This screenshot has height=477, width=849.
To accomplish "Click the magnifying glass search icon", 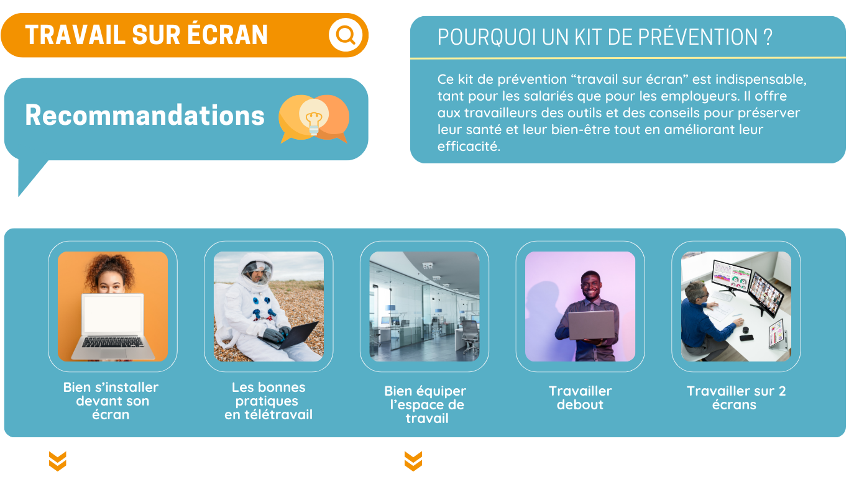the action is pos(346,35).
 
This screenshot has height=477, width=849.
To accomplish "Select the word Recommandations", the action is pos(144,115).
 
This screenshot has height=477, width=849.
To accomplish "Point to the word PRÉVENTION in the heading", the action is pos(698,37).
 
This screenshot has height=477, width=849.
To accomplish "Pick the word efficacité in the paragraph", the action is pos(469,146).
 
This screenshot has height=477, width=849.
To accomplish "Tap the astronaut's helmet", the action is pos(257,270).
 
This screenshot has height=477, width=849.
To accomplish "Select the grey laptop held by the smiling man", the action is pos(592,325).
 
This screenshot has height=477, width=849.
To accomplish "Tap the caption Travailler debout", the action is pos(581,398).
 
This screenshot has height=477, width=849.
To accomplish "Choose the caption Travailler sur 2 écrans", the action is pos(736,398).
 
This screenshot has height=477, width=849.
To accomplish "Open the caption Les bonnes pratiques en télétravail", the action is pos(268,401).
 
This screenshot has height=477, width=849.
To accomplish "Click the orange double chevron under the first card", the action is pos(58,461).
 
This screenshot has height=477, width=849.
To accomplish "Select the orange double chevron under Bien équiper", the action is pos(413,461).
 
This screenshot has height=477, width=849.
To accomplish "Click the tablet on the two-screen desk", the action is pos(776,334).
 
